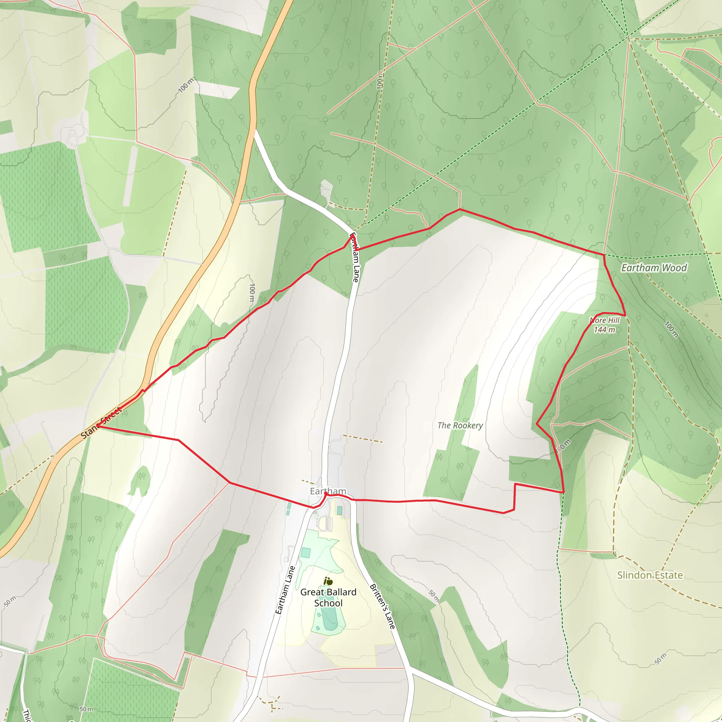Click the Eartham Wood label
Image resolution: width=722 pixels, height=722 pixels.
(x=654, y=268)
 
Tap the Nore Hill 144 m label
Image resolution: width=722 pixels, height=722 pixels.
(x=604, y=325)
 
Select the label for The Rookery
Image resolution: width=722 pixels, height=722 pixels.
(x=460, y=425)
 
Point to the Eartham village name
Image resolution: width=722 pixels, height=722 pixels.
(x=328, y=491)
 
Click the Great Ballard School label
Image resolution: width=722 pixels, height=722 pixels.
(x=328, y=597)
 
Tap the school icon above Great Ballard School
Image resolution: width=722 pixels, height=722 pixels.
(x=328, y=581)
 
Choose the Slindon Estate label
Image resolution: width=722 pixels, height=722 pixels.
(x=650, y=575)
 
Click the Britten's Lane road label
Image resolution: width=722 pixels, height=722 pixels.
(x=382, y=606)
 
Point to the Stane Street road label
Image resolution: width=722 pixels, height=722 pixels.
(x=101, y=423)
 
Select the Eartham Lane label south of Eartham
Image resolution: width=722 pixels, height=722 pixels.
(x=285, y=590)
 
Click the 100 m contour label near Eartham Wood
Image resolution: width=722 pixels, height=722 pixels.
(x=671, y=329)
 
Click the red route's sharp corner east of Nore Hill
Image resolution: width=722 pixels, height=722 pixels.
(x=625, y=315)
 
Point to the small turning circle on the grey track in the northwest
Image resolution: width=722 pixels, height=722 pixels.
(x=73, y=133)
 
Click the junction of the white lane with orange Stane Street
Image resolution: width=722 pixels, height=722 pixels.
(x=255, y=130)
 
